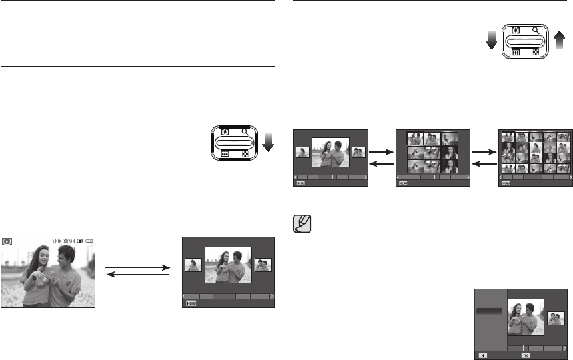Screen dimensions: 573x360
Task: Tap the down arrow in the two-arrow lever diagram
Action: (x=491, y=41)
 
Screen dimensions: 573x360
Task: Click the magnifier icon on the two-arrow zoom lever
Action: (x=536, y=30)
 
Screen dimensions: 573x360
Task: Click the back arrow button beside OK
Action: (x=483, y=356)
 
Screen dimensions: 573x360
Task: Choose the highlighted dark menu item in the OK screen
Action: (x=490, y=311)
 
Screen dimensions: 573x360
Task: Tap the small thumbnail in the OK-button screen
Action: (x=556, y=318)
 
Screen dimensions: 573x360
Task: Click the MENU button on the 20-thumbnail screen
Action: (x=506, y=183)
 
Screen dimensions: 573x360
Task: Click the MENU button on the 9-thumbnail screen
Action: (x=402, y=183)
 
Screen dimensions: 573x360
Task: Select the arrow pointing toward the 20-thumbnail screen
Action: (x=485, y=152)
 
